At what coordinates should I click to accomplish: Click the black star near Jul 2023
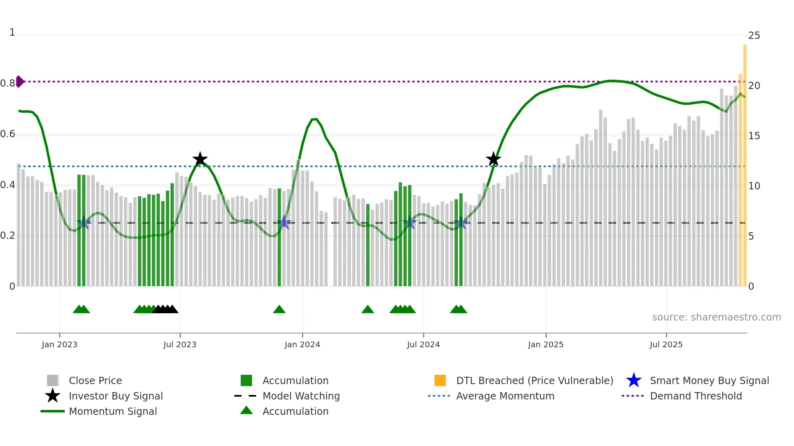pyautogui.click(x=200, y=159)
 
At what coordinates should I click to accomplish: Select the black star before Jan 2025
pyautogui.click(x=493, y=159)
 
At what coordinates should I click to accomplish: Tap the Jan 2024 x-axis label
pyautogui.click(x=302, y=344)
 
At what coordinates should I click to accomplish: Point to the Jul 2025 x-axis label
pyautogui.click(x=666, y=344)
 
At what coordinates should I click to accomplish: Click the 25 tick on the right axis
pyautogui.click(x=754, y=36)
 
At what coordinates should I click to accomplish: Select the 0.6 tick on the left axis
pyautogui.click(x=8, y=134)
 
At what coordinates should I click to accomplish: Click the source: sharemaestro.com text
pyautogui.click(x=716, y=317)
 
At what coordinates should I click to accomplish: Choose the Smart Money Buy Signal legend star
pyautogui.click(x=634, y=380)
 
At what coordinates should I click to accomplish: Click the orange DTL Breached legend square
pyautogui.click(x=440, y=380)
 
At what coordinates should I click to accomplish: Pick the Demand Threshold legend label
pyautogui.click(x=696, y=396)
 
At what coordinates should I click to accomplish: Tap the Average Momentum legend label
pyautogui.click(x=505, y=396)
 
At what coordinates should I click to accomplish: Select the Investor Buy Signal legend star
pyautogui.click(x=53, y=396)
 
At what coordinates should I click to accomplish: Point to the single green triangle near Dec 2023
pyautogui.click(x=279, y=310)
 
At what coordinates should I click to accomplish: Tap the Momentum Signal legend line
pyautogui.click(x=53, y=411)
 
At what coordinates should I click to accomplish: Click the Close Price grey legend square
pyautogui.click(x=53, y=380)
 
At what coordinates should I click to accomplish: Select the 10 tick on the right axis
pyautogui.click(x=754, y=186)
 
